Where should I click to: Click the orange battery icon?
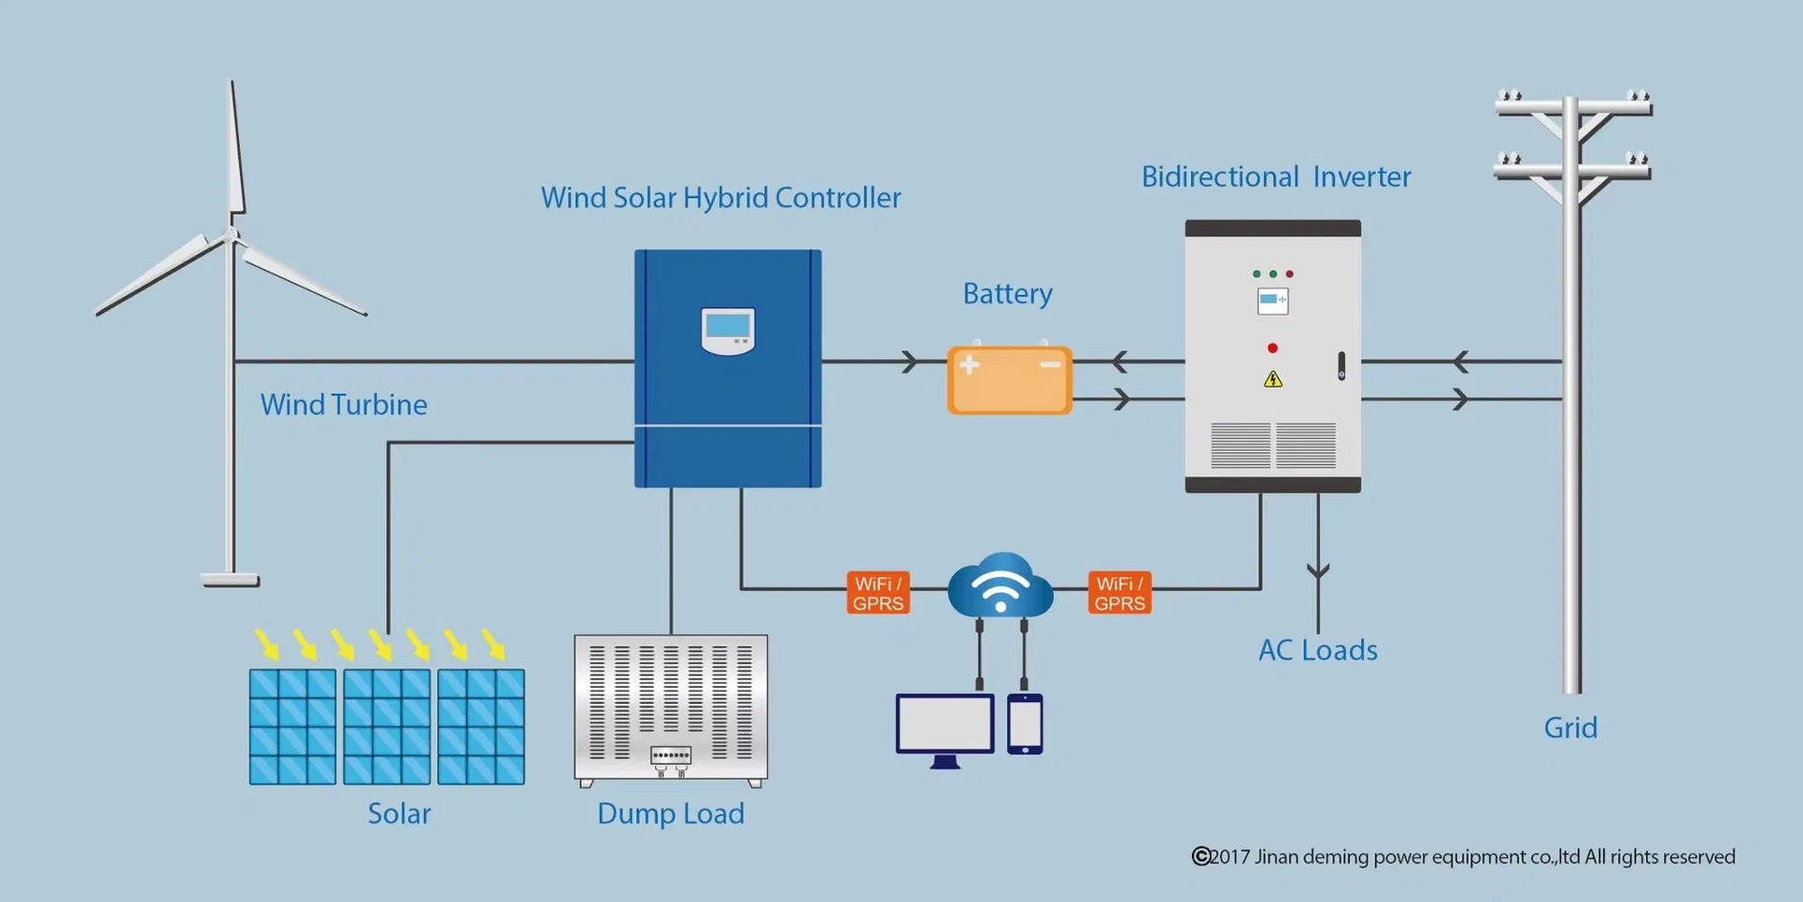1009,380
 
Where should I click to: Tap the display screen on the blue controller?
728,329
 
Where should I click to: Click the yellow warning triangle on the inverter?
1273,379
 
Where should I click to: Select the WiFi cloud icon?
1000,586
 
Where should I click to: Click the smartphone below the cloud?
1025,723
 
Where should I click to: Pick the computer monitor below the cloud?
945,726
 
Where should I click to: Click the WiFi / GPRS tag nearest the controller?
878,593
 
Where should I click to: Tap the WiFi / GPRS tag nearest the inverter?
1120,593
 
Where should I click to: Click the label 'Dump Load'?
670,814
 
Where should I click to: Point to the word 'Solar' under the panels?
399,814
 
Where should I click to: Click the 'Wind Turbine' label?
343,405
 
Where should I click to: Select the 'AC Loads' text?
1318,650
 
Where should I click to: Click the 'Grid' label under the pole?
1570,728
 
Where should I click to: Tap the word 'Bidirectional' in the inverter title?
1219,177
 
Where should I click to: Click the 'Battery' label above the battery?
1007,294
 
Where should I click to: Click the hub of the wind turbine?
231,235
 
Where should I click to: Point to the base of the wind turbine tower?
230,580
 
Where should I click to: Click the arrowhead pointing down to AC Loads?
1318,570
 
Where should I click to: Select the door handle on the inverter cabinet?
1341,365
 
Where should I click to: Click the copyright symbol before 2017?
1200,856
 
